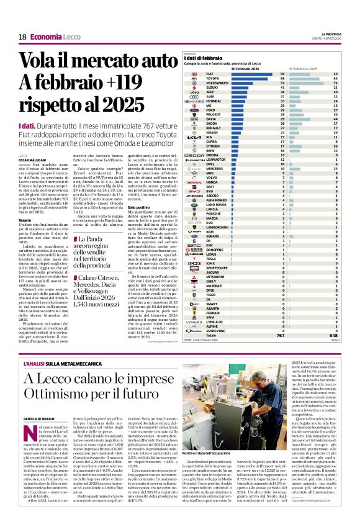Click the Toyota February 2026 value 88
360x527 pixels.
[x=282, y=78]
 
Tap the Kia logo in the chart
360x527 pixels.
[x=192, y=137]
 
